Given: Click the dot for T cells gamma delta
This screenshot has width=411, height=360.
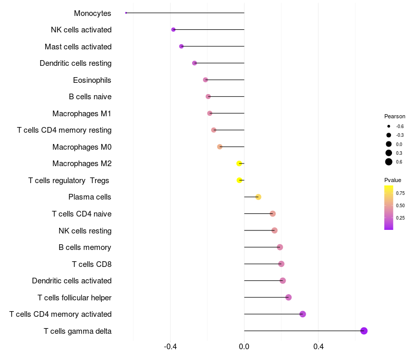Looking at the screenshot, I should tap(364, 331).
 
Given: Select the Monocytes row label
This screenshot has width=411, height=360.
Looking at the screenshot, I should tap(92, 13).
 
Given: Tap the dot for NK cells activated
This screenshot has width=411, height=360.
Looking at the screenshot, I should tap(173, 30).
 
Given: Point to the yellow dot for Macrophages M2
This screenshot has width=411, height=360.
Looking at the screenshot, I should tap(239, 164).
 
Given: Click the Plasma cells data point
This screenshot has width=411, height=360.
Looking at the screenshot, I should tap(258, 197).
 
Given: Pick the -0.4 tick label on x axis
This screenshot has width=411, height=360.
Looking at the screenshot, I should tap(170, 347).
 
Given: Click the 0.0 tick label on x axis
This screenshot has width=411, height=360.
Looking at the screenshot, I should tap(244, 347).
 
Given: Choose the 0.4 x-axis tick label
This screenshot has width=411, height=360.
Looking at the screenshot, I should tap(318, 347).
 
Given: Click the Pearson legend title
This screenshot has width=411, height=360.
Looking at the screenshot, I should tap(395, 116).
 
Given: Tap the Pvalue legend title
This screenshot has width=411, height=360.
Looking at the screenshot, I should tap(393, 180).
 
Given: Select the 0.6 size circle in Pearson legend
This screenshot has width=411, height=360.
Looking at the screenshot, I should tap(389, 162).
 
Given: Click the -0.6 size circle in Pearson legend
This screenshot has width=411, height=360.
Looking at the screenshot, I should tap(389, 126).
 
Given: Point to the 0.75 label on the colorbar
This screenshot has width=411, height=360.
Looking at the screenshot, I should tap(400, 193).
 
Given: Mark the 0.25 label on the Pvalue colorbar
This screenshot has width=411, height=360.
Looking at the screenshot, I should tap(400, 218).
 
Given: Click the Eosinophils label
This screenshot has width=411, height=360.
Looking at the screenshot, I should tap(92, 80).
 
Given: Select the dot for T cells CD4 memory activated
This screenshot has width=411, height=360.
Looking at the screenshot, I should tap(303, 314).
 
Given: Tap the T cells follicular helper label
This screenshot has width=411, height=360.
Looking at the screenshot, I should tap(74, 297).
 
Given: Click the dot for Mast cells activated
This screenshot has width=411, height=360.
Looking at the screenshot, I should tap(181, 46).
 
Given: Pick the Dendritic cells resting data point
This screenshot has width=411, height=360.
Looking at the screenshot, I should tap(194, 63).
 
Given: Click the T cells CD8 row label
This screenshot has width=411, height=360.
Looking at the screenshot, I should tap(91, 264).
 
